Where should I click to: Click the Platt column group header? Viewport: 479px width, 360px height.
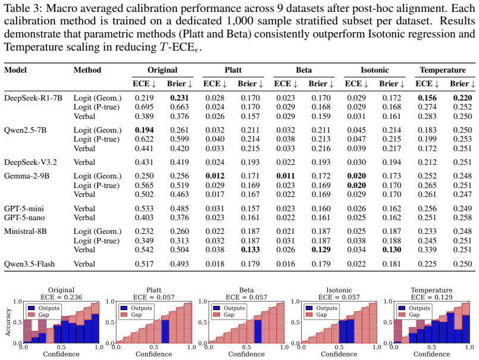(x=233, y=70)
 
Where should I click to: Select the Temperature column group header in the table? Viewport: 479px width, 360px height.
(x=443, y=70)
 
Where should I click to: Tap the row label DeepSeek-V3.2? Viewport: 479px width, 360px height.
(x=30, y=162)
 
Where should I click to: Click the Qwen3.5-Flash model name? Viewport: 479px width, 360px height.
(x=29, y=264)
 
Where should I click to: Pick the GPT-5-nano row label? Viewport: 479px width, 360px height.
(x=24, y=218)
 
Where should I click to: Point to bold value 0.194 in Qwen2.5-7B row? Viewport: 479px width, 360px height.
(x=144, y=130)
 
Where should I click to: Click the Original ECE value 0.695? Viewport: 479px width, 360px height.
(x=144, y=107)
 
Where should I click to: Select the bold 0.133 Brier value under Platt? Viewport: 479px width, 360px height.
(x=250, y=250)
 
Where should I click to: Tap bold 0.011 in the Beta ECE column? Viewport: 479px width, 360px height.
(x=286, y=176)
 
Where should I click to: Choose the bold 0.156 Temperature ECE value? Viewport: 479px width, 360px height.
(x=427, y=98)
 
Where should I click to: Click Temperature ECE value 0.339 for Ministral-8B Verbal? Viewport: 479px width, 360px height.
(x=427, y=250)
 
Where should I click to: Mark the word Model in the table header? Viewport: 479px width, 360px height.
(x=15, y=70)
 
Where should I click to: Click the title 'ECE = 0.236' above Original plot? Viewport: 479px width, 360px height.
(x=61, y=297)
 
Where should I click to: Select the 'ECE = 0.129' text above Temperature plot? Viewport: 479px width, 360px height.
(x=431, y=297)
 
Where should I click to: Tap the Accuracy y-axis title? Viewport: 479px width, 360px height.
(x=8, y=322)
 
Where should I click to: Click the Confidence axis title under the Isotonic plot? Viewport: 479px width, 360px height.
(x=339, y=354)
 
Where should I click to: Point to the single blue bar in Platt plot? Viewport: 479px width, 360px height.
(x=165, y=331)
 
